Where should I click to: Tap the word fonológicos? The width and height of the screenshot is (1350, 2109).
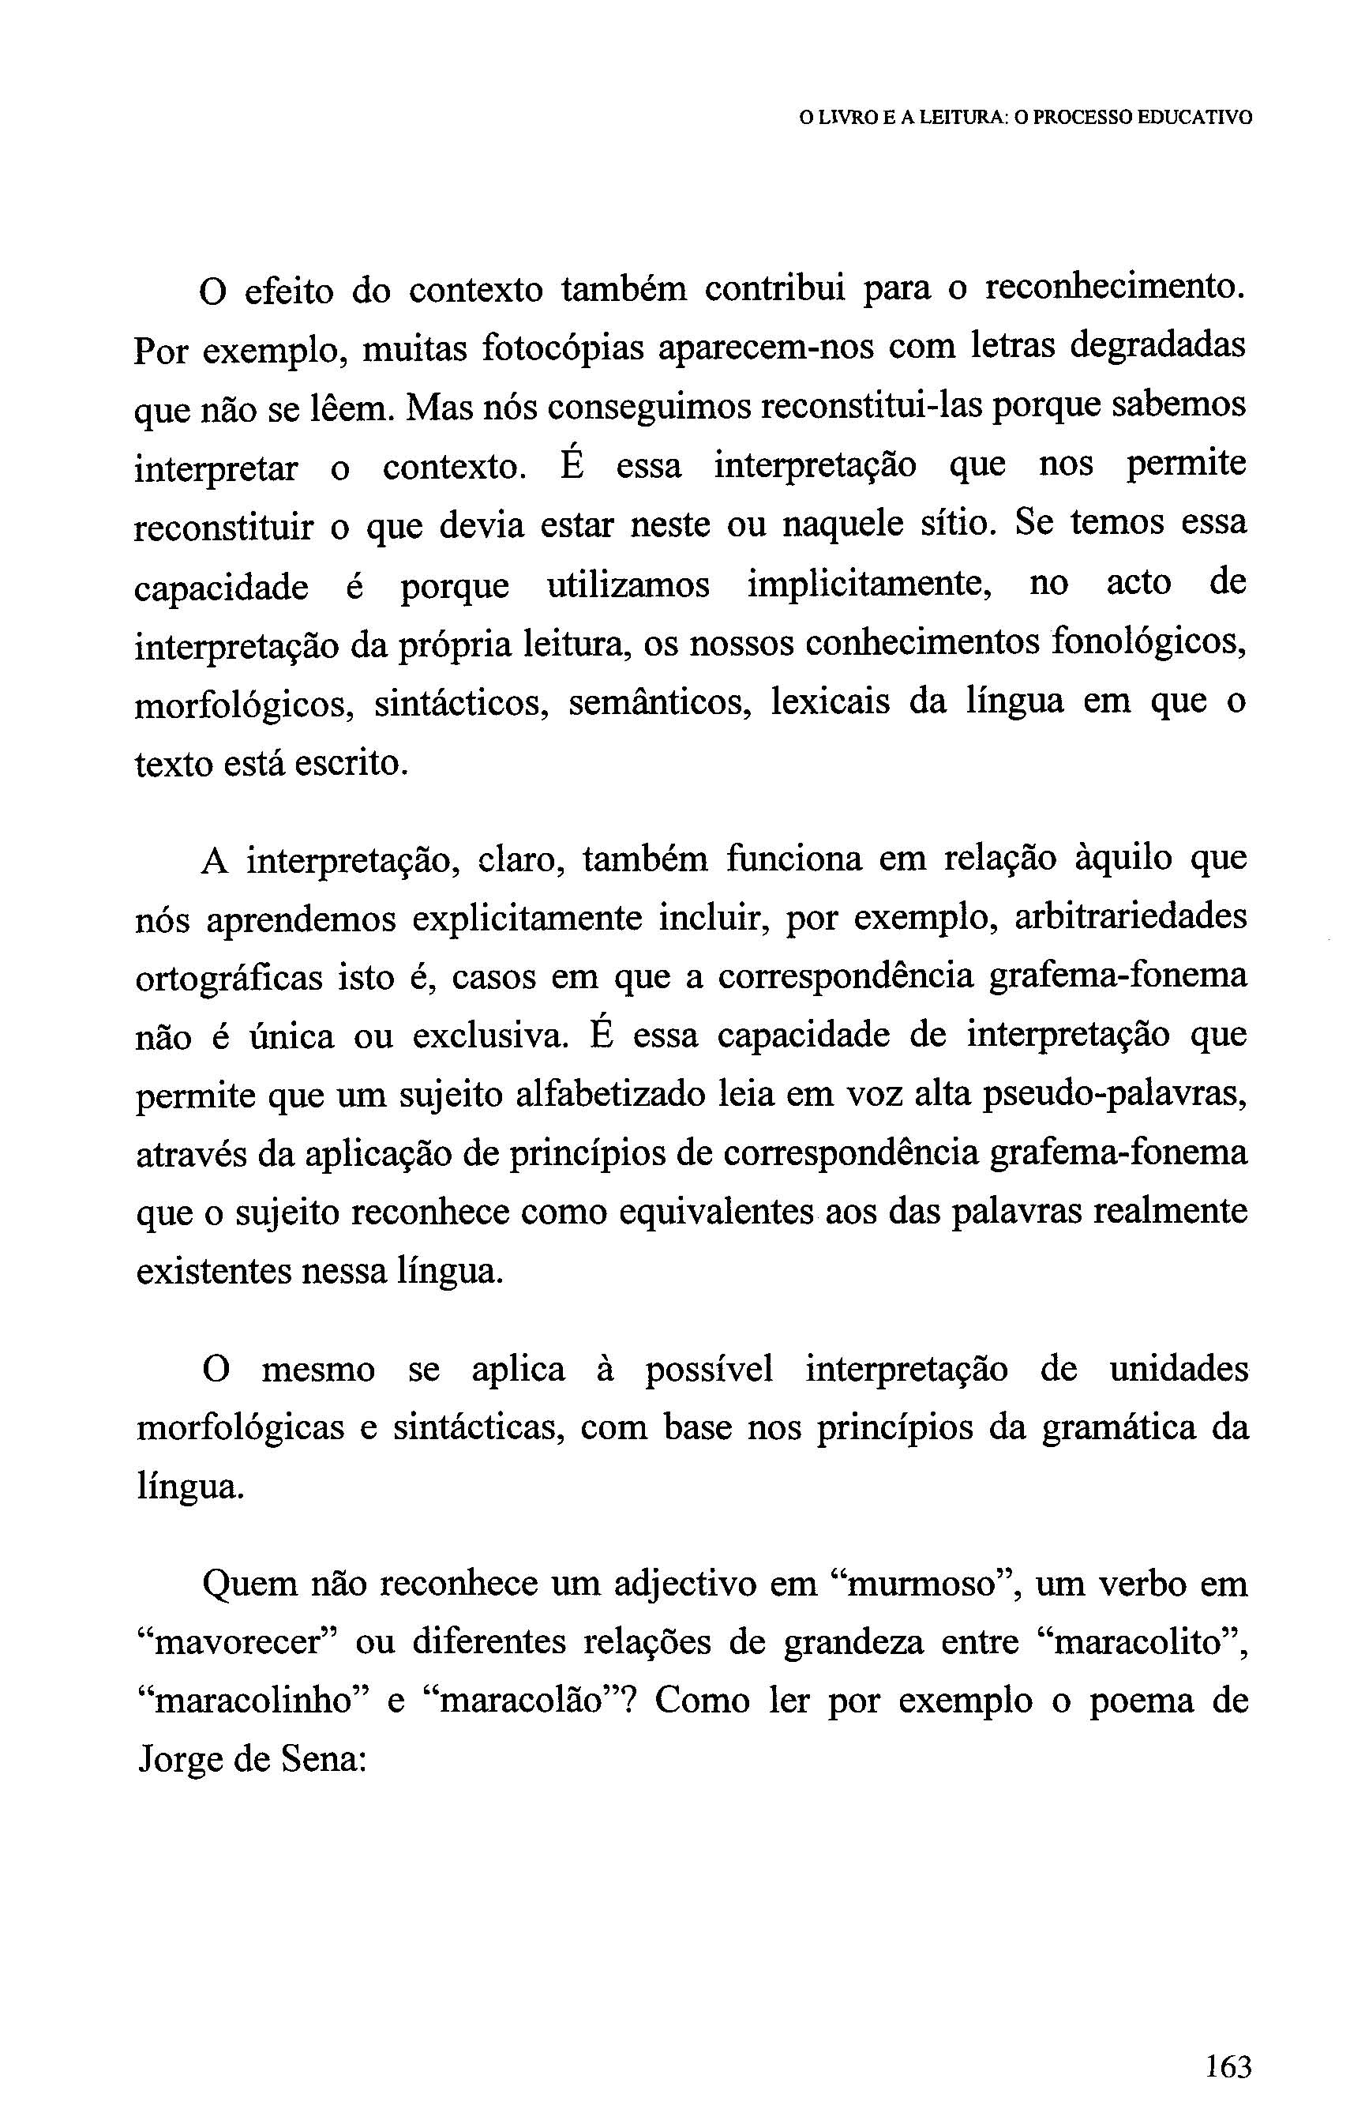(x=1149, y=644)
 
